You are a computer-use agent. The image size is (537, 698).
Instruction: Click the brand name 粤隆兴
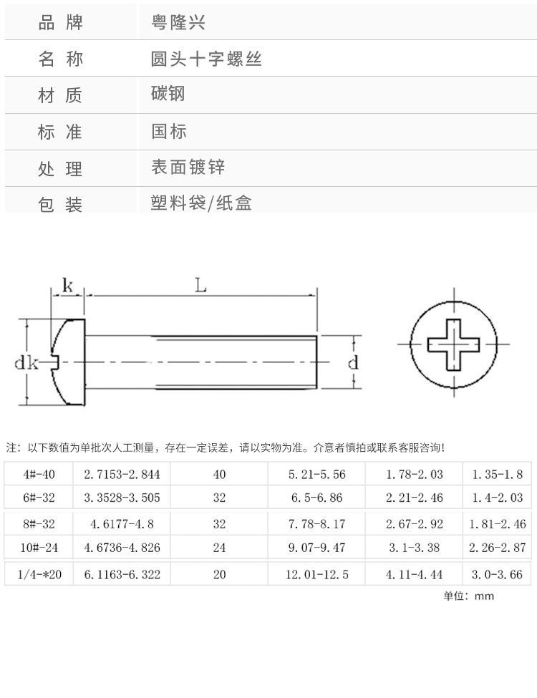click(178, 22)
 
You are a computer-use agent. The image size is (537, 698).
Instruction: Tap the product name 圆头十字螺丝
click(206, 59)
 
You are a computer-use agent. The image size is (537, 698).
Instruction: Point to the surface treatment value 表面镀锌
click(188, 168)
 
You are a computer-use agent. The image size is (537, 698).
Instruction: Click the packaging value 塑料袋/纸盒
click(201, 203)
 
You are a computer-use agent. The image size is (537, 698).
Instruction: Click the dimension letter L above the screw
click(200, 285)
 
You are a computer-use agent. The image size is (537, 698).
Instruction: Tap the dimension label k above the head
click(68, 285)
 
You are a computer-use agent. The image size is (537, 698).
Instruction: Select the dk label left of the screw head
click(26, 363)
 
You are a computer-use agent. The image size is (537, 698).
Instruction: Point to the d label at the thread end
click(352, 363)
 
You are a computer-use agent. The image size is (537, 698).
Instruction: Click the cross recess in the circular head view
click(454, 345)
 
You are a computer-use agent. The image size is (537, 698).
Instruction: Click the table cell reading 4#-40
click(39, 474)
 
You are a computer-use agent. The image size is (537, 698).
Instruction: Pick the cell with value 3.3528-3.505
click(122, 498)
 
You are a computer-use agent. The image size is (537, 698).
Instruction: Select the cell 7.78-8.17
click(316, 524)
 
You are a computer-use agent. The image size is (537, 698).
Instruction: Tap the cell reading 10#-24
click(39, 548)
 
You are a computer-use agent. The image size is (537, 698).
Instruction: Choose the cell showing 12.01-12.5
click(317, 574)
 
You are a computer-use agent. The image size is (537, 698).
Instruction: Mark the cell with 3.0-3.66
click(497, 574)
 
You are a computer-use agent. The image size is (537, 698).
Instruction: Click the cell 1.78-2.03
click(414, 474)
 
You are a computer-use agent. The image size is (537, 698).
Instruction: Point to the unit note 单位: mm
click(468, 596)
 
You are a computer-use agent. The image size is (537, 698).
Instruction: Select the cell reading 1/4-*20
click(39, 574)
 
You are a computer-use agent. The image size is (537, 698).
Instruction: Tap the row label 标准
click(60, 132)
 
